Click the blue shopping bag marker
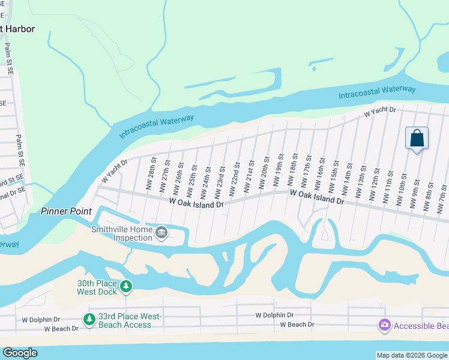coord(417,139)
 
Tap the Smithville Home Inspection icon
coord(161,232)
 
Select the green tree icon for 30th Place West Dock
coord(125,287)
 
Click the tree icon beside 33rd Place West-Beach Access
coord(89,320)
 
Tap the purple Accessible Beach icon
coord(384,325)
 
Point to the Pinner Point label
coord(66,211)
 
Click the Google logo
coord(20,353)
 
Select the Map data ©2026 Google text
coord(411,355)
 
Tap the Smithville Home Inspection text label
coord(122,233)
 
